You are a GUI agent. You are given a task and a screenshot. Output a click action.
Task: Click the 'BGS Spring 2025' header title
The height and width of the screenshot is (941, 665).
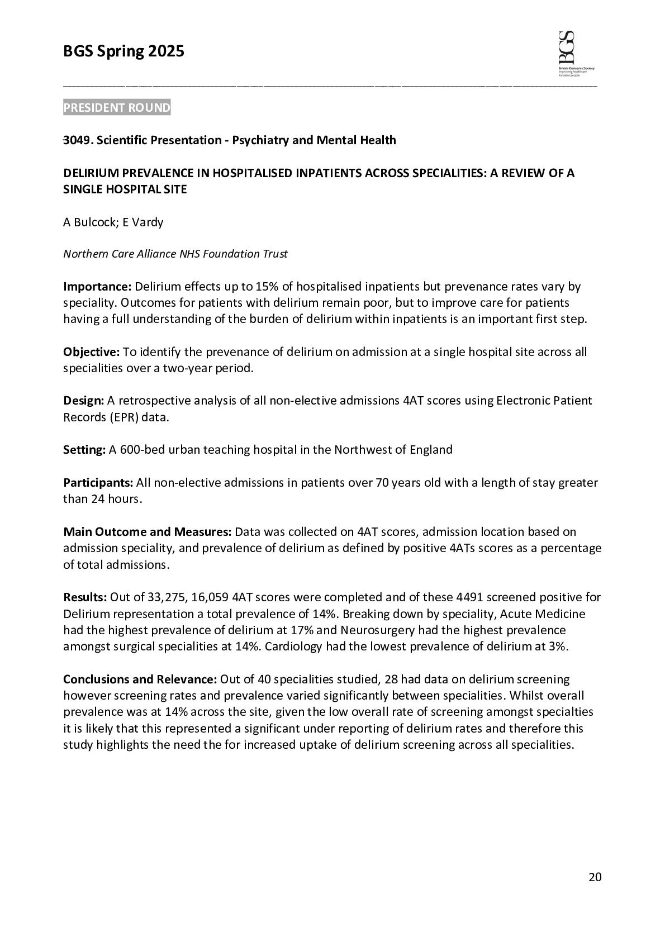[123, 51]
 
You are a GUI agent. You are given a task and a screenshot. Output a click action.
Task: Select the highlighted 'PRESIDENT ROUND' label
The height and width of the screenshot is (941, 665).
[117, 108]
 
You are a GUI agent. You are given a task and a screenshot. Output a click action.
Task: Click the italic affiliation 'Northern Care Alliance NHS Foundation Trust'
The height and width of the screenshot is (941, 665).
[175, 254]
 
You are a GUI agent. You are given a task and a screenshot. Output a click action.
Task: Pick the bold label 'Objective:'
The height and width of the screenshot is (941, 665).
[92, 352]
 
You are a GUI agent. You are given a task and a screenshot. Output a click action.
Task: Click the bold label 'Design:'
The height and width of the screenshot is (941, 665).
[84, 401]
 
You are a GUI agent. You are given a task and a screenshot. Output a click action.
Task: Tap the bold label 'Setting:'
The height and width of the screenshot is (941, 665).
[84, 450]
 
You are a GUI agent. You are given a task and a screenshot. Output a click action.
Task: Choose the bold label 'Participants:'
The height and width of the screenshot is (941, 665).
[98, 483]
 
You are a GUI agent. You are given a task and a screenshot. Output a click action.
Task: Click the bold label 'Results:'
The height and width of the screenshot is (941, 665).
[85, 597]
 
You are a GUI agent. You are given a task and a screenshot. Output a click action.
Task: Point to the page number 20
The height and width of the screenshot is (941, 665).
[595, 877]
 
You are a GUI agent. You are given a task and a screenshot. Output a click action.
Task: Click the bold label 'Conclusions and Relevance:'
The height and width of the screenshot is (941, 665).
[140, 679]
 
